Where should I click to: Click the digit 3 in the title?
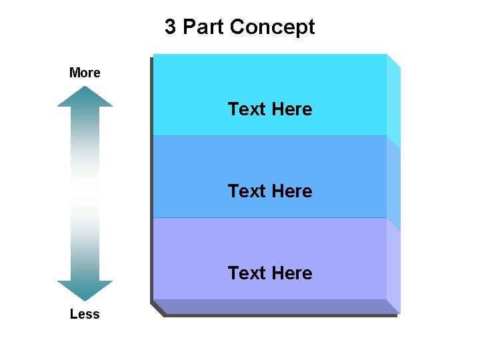click(x=171, y=27)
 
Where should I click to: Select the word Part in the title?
click(x=203, y=27)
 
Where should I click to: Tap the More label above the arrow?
click(x=85, y=73)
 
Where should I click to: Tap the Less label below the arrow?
click(x=85, y=314)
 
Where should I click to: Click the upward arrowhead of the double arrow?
click(x=85, y=97)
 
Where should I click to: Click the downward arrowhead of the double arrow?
click(x=85, y=290)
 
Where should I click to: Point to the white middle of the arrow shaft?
click(x=85, y=193)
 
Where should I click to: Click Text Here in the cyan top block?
click(x=269, y=109)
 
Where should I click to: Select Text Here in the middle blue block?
click(x=269, y=191)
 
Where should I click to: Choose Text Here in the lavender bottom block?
click(x=269, y=273)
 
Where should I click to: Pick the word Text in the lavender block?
click(x=247, y=273)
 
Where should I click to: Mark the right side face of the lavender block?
click(x=393, y=267)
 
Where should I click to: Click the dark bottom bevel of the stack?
click(x=273, y=307)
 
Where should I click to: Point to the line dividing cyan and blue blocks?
click(x=269, y=136)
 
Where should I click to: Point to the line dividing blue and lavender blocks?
click(x=269, y=218)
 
